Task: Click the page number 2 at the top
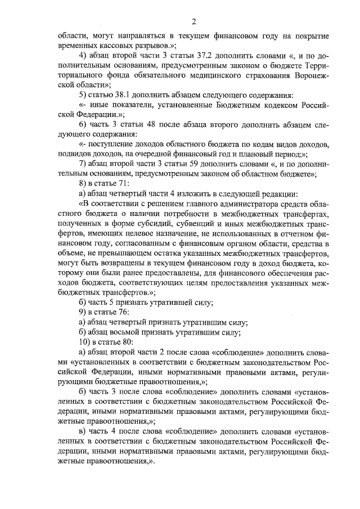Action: (193, 22)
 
